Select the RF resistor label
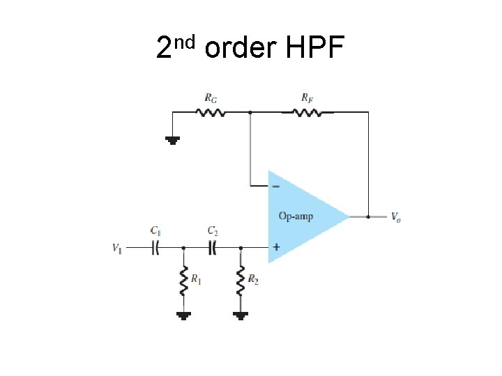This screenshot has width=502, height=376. [307, 99]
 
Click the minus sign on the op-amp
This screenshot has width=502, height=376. [277, 187]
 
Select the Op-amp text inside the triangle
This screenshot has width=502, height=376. [296, 216]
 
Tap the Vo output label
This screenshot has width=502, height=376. [395, 217]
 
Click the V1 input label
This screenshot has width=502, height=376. [116, 247]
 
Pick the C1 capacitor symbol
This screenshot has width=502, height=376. [157, 247]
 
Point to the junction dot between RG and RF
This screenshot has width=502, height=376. [250, 111]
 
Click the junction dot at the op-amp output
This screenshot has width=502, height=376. [367, 217]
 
